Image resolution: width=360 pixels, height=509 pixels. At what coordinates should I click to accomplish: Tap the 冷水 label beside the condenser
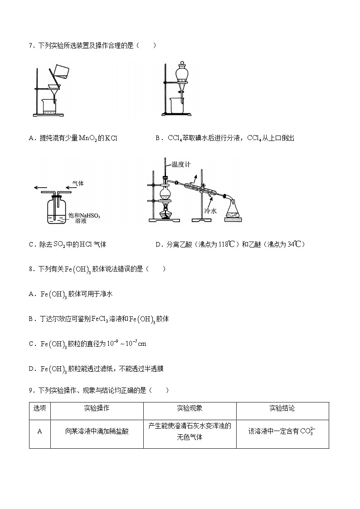point(211,211)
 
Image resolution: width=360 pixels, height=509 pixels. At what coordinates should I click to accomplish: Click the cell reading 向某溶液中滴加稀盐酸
point(97,431)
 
